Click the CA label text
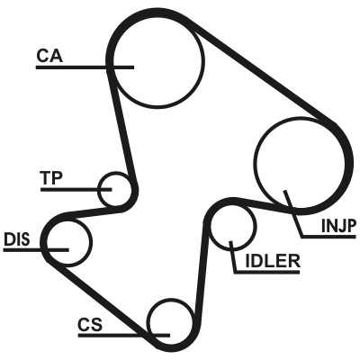(x=49, y=56)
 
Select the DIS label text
(x=17, y=239)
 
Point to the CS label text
(x=90, y=325)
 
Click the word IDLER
(x=273, y=261)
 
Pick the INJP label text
(x=338, y=226)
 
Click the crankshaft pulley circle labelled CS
(x=148, y=322)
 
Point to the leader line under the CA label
(x=85, y=67)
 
